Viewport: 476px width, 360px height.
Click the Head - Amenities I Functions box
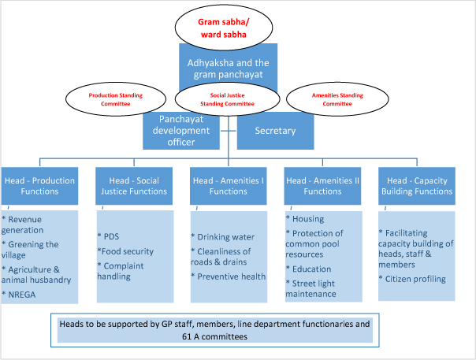point(228,185)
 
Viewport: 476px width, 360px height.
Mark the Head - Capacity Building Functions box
point(416,185)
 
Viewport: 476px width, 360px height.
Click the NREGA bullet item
point(25,295)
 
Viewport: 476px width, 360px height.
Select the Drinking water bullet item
point(224,236)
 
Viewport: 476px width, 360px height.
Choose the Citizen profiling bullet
point(415,279)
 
